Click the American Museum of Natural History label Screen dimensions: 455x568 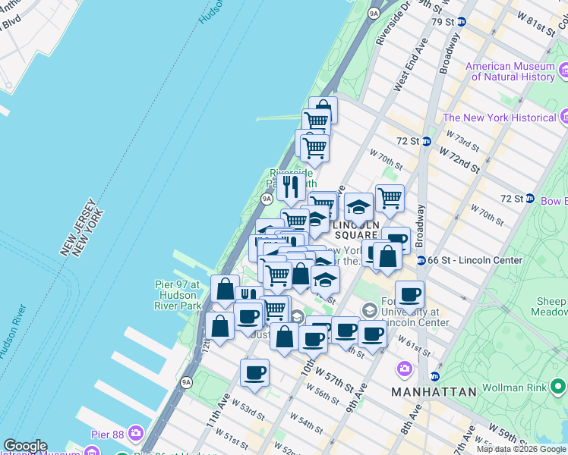510,71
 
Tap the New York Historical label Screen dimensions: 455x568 500,118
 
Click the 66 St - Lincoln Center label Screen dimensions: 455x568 475,260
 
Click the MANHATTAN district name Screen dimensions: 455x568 434,392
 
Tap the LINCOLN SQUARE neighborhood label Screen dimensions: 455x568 355,229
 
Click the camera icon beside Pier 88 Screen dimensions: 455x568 136,433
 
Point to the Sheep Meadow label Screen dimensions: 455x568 551,307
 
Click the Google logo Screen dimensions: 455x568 24,446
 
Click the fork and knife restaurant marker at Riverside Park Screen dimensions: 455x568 291,185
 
